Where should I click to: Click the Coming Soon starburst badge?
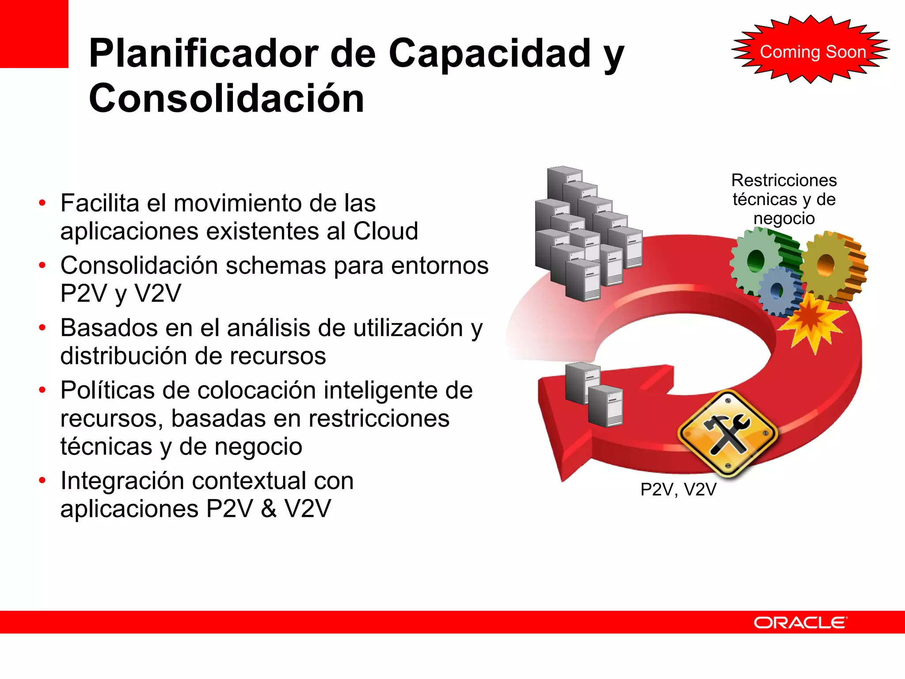pos(811,51)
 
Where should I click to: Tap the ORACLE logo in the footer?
pos(800,622)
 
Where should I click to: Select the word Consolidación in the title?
pos(226,98)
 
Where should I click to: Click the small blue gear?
pos(778,290)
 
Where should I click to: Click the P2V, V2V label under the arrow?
pos(678,489)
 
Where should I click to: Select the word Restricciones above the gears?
pos(784,180)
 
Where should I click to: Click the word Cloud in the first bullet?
pos(385,231)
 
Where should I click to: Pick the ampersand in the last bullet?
pos(268,508)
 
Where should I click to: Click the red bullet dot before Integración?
pos(42,481)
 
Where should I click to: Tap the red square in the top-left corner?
pos(34,34)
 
